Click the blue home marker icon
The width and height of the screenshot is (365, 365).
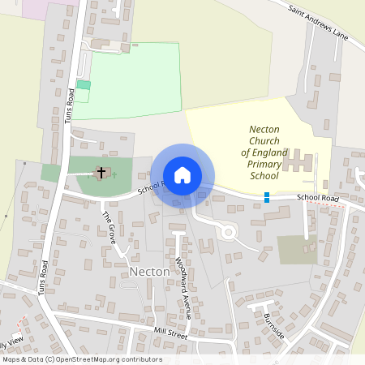pos(182,175)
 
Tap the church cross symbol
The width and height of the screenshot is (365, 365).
pos(102,173)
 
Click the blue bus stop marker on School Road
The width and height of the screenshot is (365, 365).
pos(266,196)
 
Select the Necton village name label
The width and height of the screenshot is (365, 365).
pos(149,272)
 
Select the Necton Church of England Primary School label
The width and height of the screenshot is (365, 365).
pos(264,152)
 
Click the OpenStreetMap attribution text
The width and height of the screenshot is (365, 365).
pos(81,359)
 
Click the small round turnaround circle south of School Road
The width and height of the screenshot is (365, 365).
pos(228,232)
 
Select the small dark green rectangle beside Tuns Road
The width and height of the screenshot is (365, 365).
pos(84,85)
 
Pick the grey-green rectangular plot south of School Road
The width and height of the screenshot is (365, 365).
pos(297,249)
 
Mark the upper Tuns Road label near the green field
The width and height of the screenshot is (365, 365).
pos(70,106)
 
